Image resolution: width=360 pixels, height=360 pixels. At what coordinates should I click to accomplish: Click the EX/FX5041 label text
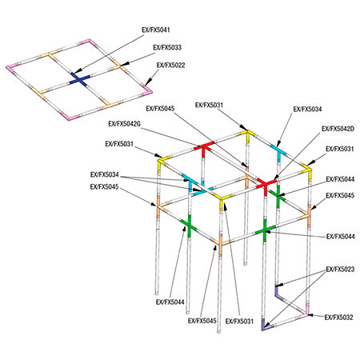156,30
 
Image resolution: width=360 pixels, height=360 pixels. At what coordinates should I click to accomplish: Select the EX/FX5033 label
167,47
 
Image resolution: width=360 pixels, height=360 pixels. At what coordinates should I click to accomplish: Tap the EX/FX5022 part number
171,66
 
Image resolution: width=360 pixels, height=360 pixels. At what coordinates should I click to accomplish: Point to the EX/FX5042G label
124,124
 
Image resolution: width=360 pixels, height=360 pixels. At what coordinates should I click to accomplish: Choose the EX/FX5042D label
338,129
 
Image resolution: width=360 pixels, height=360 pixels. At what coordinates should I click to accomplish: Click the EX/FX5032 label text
339,318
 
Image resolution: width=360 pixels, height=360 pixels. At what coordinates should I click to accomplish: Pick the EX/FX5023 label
340,269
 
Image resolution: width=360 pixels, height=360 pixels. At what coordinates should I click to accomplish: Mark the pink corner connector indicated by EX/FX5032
305,313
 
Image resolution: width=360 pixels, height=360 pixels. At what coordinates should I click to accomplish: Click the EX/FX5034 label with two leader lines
105,175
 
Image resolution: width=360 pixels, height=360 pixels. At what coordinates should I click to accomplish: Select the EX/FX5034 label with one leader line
307,109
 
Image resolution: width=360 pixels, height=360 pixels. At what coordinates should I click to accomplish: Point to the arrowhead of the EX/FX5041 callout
74,71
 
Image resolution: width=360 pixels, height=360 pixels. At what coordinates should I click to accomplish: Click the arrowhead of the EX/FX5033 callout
126,63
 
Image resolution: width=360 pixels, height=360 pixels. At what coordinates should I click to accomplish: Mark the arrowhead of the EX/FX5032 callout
310,315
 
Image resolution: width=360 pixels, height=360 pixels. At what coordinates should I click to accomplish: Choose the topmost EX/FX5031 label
209,106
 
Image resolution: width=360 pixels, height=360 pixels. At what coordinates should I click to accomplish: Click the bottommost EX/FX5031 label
239,322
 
